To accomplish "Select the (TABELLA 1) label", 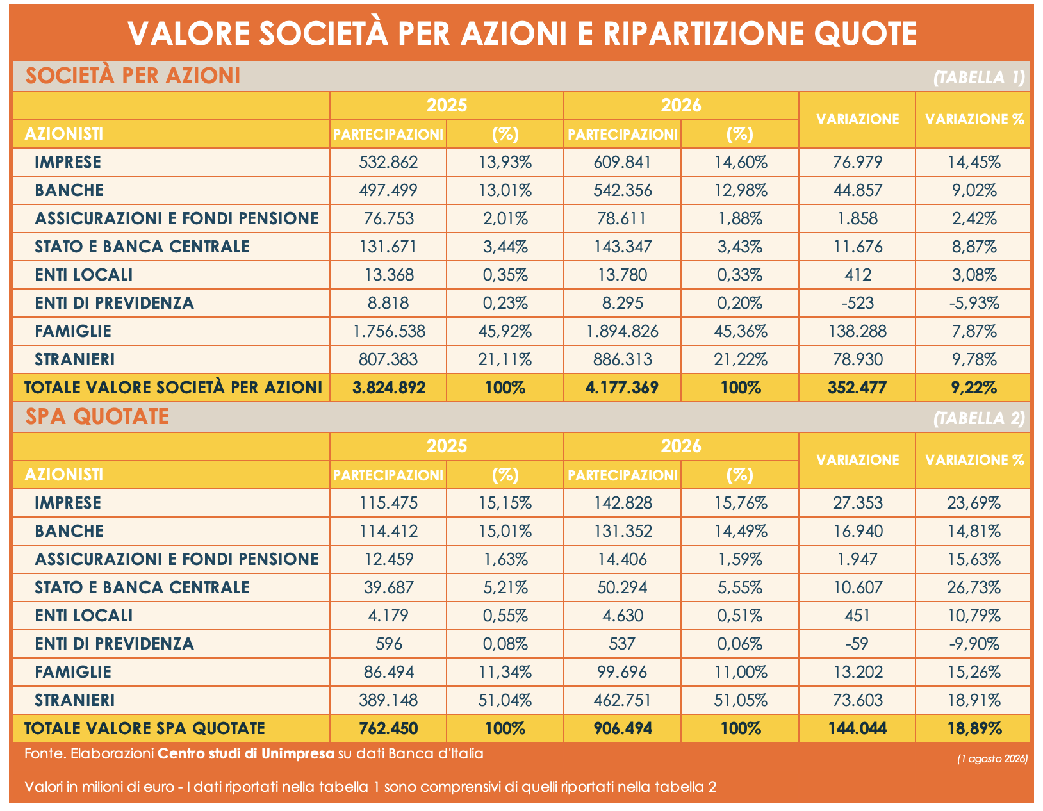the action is (x=979, y=78).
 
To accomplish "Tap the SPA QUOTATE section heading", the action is (x=97, y=416).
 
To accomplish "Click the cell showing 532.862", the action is (x=388, y=162).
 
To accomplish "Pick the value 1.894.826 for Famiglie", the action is (x=622, y=331).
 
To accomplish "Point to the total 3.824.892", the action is (x=388, y=388).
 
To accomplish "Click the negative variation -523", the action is (x=857, y=303).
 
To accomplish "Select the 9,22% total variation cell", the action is (x=973, y=388).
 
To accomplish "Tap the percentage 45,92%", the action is (x=504, y=331).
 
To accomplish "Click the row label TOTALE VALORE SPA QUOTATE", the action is (x=145, y=728).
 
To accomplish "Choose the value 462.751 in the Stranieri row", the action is (x=622, y=700).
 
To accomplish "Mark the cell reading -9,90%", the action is (x=973, y=644).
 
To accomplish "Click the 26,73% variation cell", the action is (x=973, y=587).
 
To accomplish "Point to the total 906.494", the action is (x=622, y=728).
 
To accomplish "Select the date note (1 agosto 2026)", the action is (x=992, y=758).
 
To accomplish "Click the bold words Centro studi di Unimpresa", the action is (x=246, y=754).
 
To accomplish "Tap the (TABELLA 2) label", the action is (x=979, y=418).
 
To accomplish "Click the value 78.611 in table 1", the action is (x=622, y=219).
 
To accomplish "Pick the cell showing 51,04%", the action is (x=504, y=700).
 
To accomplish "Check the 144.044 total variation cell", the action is (x=857, y=728).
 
